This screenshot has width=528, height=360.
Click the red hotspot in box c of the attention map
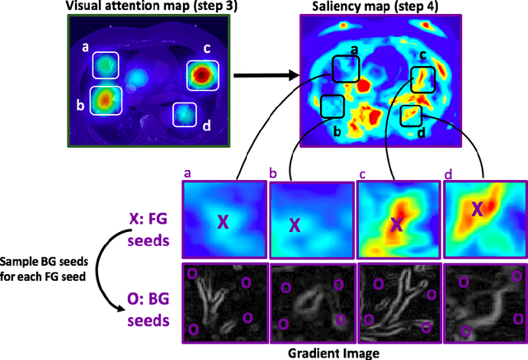click(x=200, y=75)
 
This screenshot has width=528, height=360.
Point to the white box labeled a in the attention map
click(x=106, y=66)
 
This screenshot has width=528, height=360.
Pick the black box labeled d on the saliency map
click(x=411, y=116)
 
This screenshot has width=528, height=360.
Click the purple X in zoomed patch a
click(x=222, y=220)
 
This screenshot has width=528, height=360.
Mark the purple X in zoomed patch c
click(x=397, y=224)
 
